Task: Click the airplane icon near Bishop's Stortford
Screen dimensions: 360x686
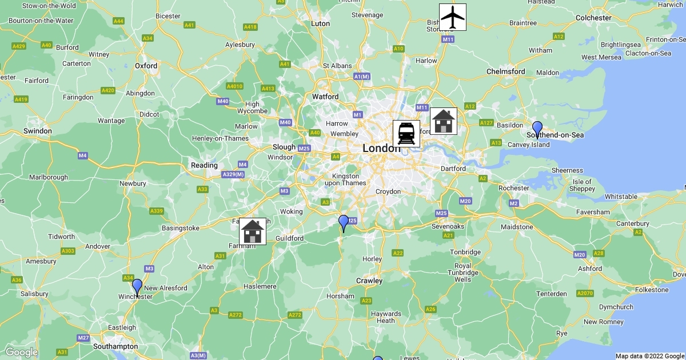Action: coord(452,17)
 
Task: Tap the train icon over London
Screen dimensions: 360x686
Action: coord(406,133)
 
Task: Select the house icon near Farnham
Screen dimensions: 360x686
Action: coord(252,231)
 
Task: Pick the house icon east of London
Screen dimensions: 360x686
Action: coord(443,121)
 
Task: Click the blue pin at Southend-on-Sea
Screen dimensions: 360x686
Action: coord(537,129)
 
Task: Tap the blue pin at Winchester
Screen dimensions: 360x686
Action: coord(137,287)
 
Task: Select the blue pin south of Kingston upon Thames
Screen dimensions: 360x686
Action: coord(344,223)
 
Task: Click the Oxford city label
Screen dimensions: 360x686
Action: coord(146,66)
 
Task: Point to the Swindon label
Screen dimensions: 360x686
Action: coord(38,131)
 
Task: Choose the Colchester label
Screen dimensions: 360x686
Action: coord(593,18)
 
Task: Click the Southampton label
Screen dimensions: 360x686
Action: coord(116,346)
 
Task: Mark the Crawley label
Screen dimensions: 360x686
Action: coord(369,281)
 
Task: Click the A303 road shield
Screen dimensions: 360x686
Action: coord(67,251)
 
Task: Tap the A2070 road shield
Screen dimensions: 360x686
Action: coord(584,293)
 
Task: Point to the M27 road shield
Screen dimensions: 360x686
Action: coord(83,338)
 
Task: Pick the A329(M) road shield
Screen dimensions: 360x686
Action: coord(233,174)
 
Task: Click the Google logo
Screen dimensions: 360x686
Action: coord(21,352)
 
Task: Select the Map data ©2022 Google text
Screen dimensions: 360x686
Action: coord(649,356)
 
